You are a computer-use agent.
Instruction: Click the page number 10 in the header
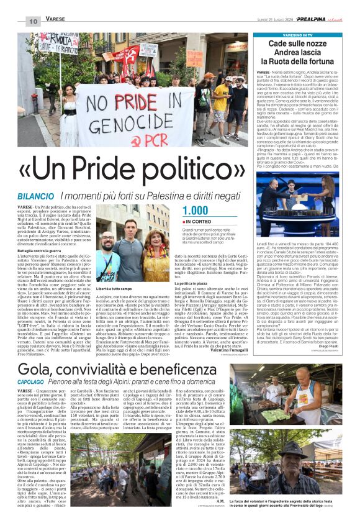[33, 21]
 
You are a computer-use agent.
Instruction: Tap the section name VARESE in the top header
[55, 20]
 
